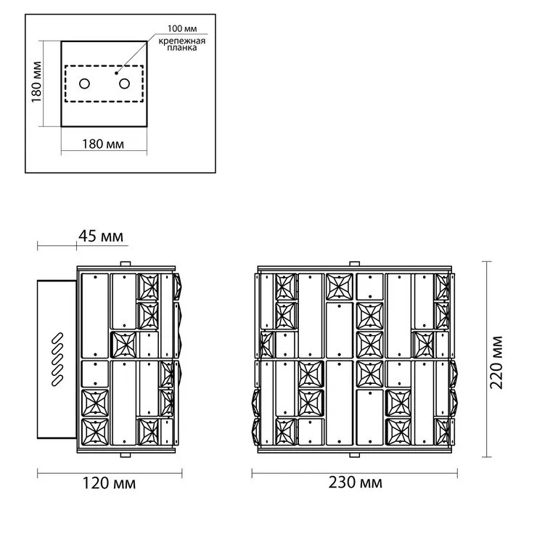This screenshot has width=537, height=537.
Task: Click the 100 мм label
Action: coord(182,29)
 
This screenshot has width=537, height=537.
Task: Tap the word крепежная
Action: coord(182,41)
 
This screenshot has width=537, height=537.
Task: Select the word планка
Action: coord(182,48)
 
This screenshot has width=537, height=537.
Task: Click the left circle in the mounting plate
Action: coord(84,83)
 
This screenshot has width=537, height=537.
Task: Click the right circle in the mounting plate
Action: coord(124,83)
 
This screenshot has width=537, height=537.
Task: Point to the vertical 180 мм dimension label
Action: coord(36,82)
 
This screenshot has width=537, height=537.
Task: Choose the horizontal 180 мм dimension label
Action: coord(103,144)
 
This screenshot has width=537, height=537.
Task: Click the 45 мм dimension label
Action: coord(101,237)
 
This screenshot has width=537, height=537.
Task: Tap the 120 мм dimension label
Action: coord(109,483)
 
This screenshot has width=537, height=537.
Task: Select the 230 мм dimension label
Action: coord(355,483)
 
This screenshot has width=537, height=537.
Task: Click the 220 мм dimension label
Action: coord(496,363)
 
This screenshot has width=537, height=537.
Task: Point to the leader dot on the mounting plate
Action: coord(116,73)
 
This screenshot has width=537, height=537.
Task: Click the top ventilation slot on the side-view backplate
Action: coord(57,337)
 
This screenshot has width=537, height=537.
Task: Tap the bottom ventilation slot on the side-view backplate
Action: coord(57,381)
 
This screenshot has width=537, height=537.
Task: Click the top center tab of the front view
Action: coord(354,263)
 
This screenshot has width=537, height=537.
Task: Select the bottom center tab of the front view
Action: coord(354,454)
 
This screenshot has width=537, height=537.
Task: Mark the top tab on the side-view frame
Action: coord(126,263)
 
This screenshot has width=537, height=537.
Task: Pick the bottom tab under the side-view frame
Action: coord(126,454)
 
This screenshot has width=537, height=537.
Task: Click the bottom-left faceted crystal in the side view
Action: coord(95,432)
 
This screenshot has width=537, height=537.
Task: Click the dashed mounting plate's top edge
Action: coord(104,66)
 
